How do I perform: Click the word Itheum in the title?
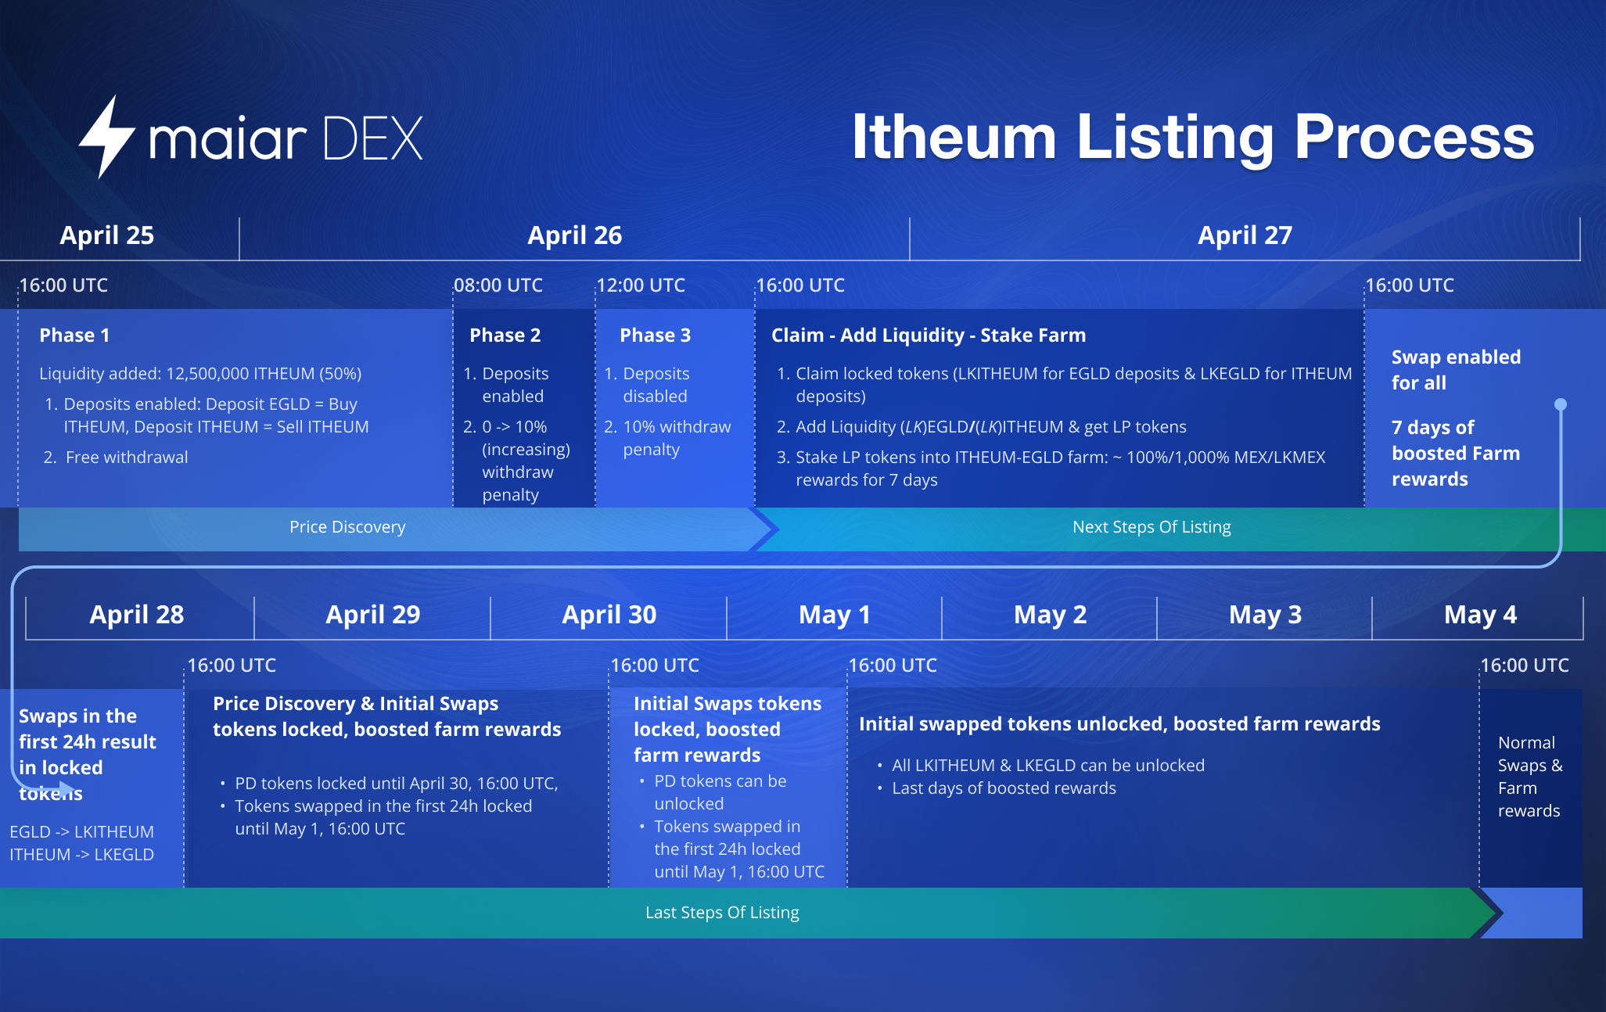click(954, 137)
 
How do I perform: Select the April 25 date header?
click(107, 235)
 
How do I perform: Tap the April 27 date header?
click(1245, 235)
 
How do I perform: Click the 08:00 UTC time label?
click(498, 285)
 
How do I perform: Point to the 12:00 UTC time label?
click(641, 285)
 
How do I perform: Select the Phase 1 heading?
click(74, 336)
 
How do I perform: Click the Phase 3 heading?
click(656, 336)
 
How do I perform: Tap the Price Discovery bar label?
click(347, 527)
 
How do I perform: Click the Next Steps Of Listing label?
click(1152, 527)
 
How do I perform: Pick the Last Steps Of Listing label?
click(722, 913)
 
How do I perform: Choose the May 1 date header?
click(835, 615)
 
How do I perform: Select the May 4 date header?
click(1480, 615)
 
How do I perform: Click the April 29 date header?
click(373, 615)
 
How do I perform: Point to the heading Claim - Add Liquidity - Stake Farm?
click(929, 336)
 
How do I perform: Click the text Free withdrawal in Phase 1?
click(127, 458)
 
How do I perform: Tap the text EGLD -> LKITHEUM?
click(81, 832)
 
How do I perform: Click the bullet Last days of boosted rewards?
click(1004, 788)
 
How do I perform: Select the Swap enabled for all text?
click(1456, 370)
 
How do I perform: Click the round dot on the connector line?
click(1561, 404)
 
